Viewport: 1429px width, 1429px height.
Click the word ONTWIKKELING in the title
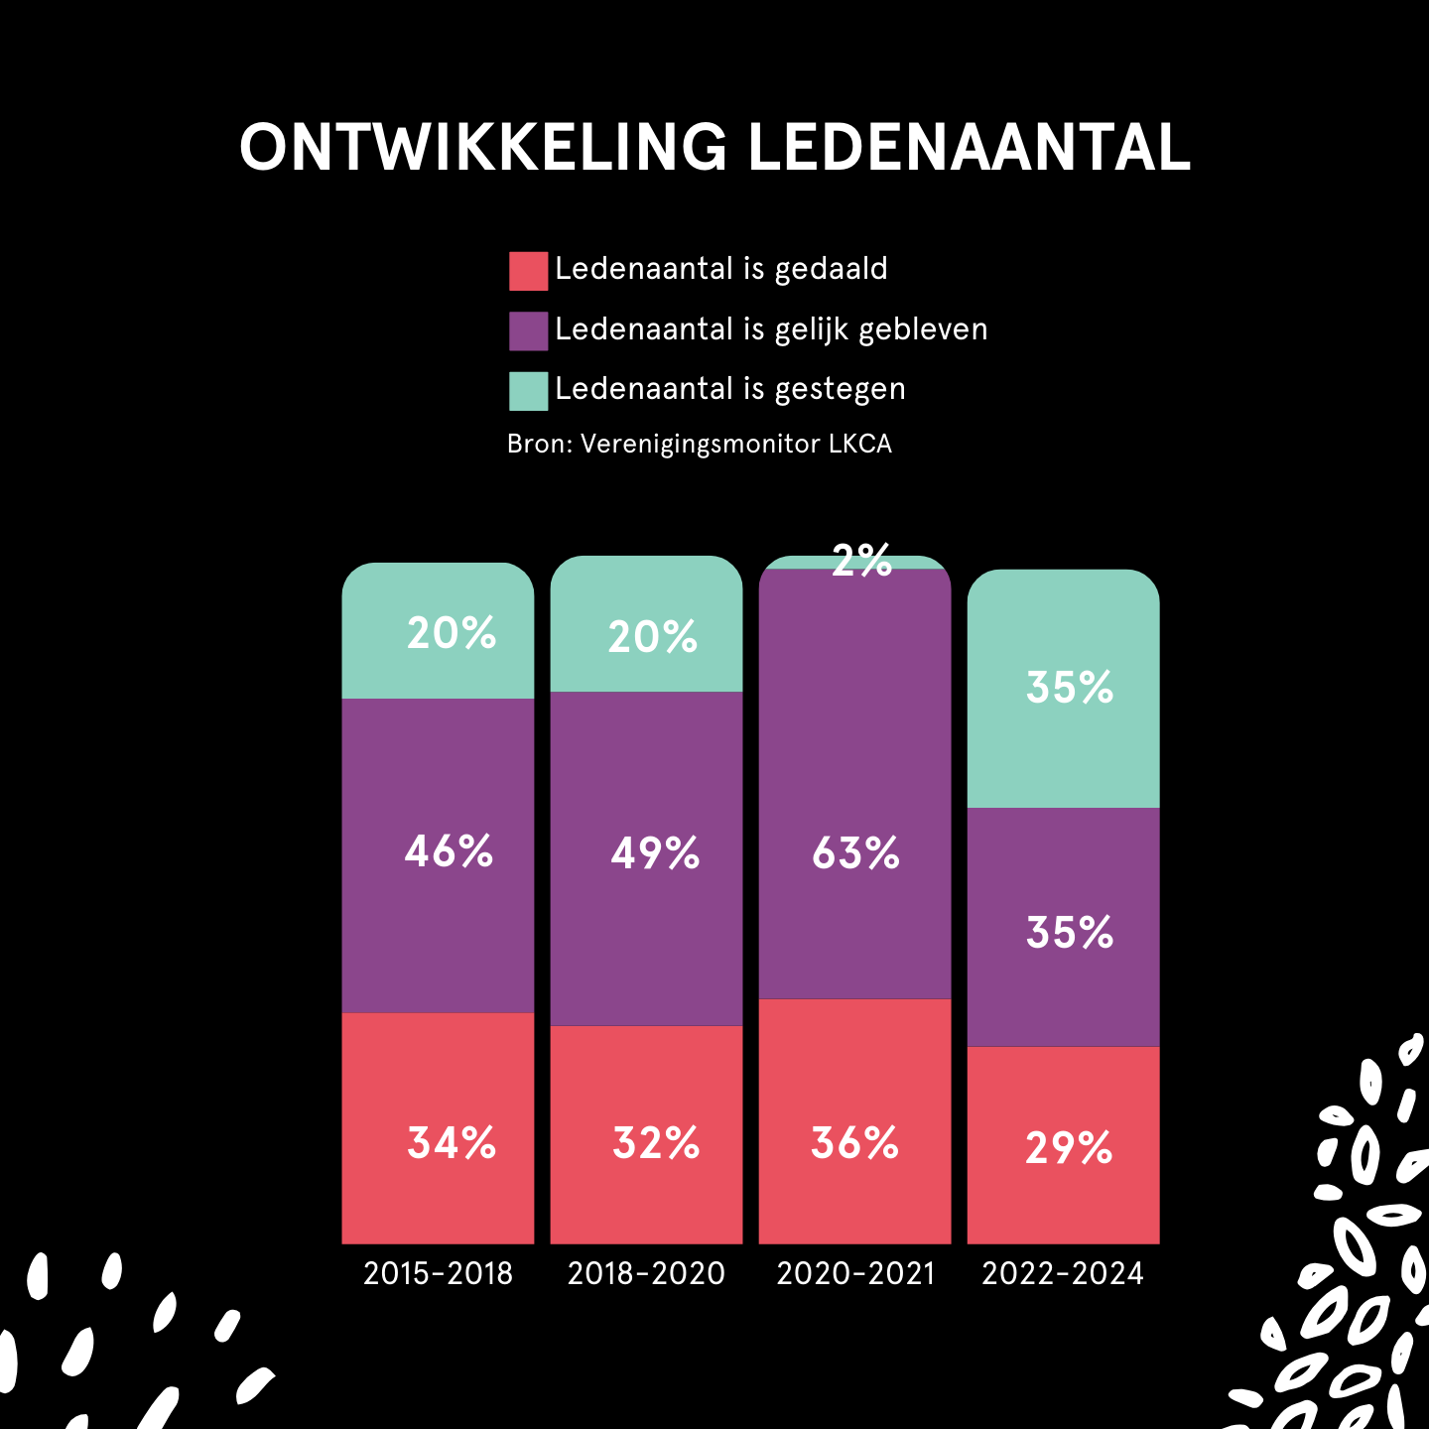[483, 148]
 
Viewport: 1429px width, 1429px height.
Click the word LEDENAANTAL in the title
[968, 148]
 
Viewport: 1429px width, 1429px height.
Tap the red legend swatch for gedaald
[528, 271]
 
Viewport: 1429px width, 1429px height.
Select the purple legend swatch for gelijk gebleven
[528, 330]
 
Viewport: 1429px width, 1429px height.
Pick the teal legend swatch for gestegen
[528, 391]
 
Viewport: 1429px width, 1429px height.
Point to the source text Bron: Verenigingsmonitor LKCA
[699, 444]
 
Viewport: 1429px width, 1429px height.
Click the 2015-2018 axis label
[438, 1273]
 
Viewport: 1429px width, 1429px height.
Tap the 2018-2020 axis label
[646, 1273]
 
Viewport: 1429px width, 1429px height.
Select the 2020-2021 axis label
[855, 1273]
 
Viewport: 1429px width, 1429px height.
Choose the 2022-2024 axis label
[1063, 1273]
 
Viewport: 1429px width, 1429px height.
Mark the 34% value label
[452, 1143]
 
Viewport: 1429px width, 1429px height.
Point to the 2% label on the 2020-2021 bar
[861, 562]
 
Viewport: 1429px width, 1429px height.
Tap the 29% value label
[1069, 1149]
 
